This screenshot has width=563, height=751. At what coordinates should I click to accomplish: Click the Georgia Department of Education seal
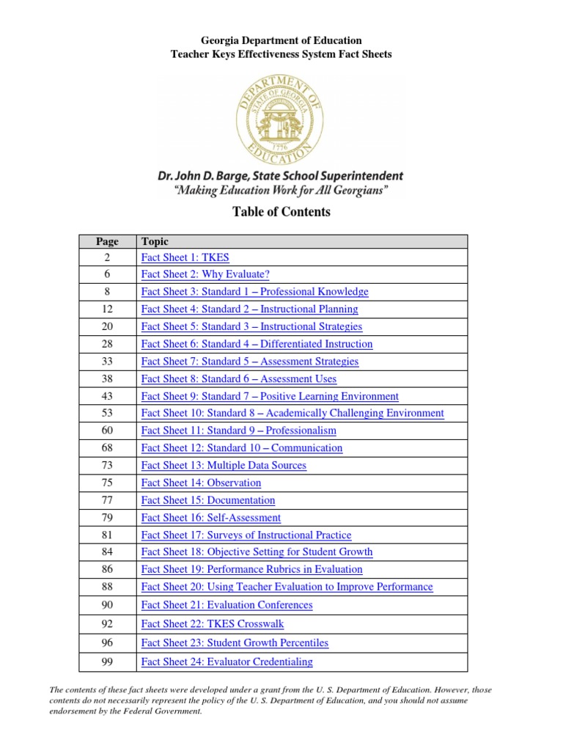click(x=281, y=120)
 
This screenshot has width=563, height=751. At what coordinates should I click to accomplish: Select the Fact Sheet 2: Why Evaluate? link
click(x=205, y=274)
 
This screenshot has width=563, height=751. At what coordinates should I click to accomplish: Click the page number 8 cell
click(x=107, y=292)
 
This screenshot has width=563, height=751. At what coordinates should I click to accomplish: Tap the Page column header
click(x=107, y=241)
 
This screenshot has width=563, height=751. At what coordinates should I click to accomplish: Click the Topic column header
click(x=155, y=241)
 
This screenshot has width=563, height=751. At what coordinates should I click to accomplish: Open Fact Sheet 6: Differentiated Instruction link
click(x=257, y=344)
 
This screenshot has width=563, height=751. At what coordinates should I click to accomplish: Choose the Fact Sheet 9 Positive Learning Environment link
click(x=270, y=396)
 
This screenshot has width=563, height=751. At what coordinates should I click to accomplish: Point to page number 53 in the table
click(x=107, y=413)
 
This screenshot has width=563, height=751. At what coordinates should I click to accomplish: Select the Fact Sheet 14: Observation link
click(x=201, y=483)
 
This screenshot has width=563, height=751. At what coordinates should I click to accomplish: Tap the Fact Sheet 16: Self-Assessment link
click(x=210, y=518)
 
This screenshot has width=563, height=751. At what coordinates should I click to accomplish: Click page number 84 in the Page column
click(x=107, y=552)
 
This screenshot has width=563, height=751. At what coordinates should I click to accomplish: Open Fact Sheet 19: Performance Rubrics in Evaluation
click(x=251, y=569)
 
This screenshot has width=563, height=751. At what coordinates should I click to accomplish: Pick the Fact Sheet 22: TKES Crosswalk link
click(x=212, y=624)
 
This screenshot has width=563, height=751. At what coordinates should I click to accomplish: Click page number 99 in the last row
click(x=107, y=662)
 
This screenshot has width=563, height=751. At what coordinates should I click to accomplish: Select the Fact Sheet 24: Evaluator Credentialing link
click(x=227, y=662)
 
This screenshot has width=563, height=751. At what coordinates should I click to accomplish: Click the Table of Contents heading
click(x=281, y=212)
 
